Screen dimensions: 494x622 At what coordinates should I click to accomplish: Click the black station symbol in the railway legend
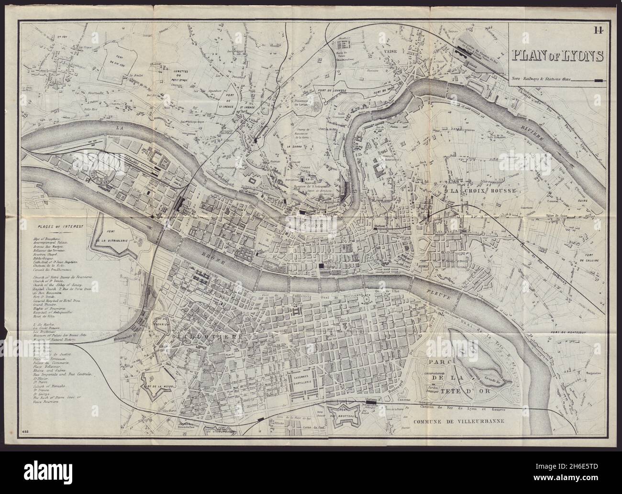(598, 80)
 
